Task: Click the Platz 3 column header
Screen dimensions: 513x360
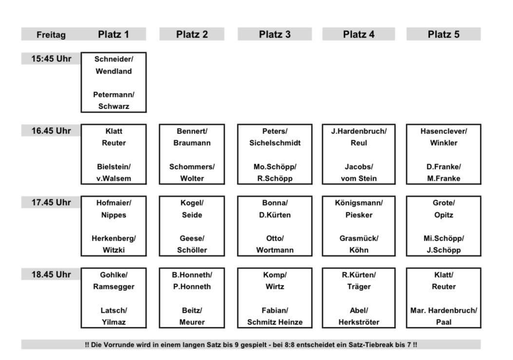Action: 274,35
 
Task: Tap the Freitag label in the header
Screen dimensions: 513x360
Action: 51,35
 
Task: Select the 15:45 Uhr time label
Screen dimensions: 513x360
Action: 51,59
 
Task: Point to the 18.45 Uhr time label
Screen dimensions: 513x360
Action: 51,274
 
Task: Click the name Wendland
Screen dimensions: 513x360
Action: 114,71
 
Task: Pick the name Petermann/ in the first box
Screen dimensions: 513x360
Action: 114,95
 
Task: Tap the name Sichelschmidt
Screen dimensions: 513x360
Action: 275,143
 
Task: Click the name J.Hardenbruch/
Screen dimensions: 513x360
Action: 359,131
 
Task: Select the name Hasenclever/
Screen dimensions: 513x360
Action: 444,131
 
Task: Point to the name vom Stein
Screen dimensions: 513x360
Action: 359,178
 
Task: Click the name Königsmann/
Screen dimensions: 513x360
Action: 359,203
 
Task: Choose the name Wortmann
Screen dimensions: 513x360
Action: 275,250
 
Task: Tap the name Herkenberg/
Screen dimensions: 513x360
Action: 114,238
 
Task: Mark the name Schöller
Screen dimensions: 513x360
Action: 192,250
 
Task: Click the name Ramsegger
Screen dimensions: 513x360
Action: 114,287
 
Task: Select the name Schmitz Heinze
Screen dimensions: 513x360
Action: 275,322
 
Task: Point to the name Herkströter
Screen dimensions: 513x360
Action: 359,322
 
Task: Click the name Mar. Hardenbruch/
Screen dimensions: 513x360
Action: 444,310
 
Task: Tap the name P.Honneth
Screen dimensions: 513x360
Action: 192,286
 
